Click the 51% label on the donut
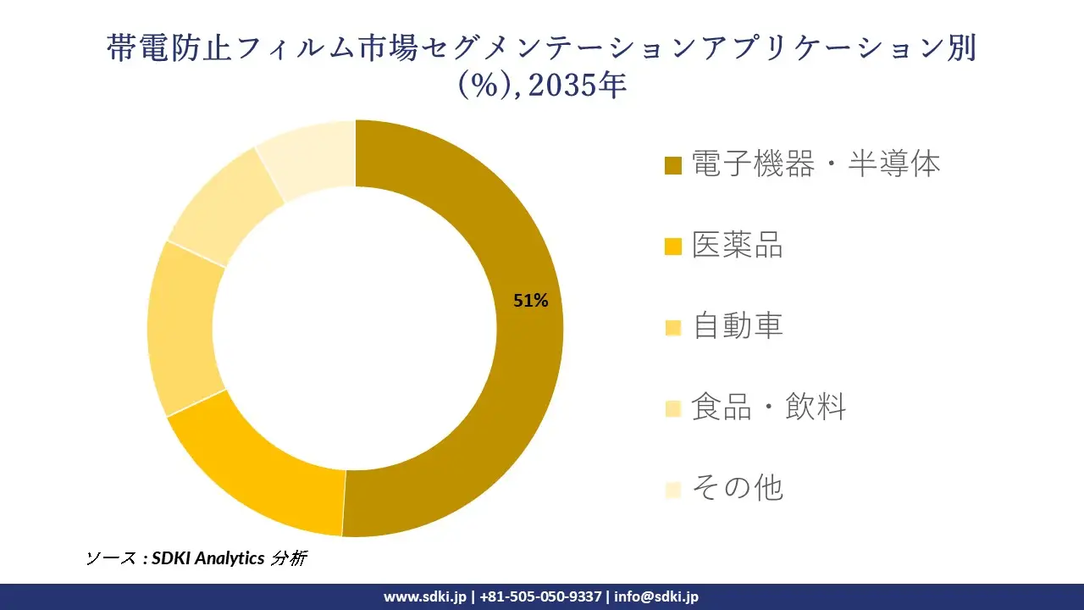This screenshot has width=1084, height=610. [x=531, y=300]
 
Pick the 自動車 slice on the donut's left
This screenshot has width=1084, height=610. [x=181, y=330]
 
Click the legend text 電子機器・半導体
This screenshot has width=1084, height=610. [x=816, y=164]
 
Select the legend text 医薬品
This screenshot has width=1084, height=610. [x=738, y=245]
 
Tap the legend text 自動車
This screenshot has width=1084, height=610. [x=738, y=326]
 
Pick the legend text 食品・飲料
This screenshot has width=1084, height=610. [x=769, y=408]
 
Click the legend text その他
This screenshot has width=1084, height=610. [x=738, y=488]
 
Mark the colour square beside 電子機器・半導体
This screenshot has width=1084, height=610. [x=673, y=165]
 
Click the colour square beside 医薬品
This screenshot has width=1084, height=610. [x=673, y=247]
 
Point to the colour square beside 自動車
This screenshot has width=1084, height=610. [x=673, y=328]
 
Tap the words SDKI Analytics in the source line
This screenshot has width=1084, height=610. [x=207, y=558]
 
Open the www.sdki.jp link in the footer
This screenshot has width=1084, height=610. [x=424, y=596]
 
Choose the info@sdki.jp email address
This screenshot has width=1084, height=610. [x=656, y=596]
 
